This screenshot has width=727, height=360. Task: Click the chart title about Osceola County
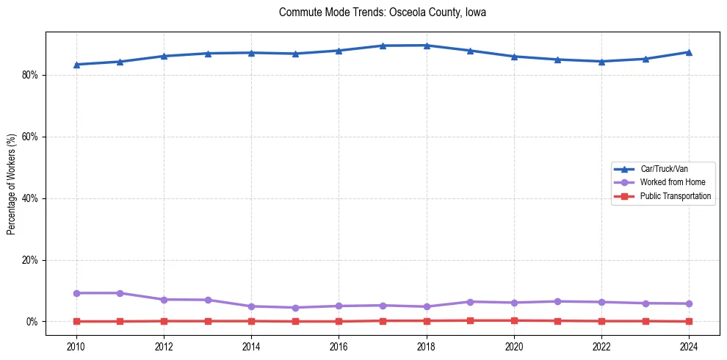(x=383, y=12)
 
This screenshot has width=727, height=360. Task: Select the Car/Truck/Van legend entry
(x=664, y=169)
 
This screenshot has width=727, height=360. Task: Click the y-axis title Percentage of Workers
(x=12, y=184)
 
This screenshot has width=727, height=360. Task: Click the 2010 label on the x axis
(x=76, y=345)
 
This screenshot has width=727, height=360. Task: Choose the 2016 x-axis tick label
(x=339, y=345)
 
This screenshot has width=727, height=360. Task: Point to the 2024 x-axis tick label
(x=689, y=345)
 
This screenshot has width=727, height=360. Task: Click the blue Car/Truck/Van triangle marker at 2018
(x=427, y=46)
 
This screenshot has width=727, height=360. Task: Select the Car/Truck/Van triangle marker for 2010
(x=76, y=65)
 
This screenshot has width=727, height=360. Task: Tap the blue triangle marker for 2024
(x=689, y=52)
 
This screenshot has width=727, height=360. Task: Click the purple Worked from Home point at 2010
(x=76, y=293)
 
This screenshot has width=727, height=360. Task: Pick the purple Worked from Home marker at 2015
(x=295, y=308)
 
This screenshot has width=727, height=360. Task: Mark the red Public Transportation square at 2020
(x=514, y=320)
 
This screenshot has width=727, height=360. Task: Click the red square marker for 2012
(x=164, y=321)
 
